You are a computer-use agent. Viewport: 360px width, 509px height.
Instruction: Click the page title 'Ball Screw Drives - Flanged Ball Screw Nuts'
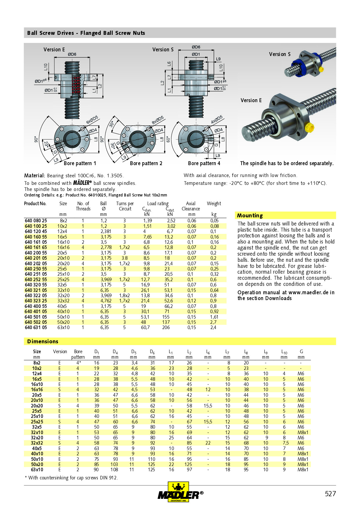86,33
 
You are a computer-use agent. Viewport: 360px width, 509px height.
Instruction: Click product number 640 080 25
36,221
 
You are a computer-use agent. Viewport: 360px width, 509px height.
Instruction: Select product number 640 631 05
36,327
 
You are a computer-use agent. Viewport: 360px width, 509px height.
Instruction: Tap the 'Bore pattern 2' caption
146,163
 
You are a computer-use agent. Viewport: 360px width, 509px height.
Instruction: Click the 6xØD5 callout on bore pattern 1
92,120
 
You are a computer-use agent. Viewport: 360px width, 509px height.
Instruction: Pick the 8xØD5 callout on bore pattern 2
158,120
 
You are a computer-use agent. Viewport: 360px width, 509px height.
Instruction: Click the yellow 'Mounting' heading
250,215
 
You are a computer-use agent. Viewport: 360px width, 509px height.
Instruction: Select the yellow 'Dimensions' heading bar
43,341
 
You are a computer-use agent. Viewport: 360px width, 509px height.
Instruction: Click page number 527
330,494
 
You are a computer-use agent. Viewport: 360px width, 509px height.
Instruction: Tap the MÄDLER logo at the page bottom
180,492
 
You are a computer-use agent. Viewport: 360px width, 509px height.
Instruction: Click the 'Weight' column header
214,203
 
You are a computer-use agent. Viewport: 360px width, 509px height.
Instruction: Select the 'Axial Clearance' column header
191,206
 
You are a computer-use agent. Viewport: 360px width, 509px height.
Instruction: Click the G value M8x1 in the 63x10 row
303,470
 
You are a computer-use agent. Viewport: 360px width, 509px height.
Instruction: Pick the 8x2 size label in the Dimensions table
37,363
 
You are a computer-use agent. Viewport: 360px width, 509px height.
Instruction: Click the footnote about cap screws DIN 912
71,478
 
